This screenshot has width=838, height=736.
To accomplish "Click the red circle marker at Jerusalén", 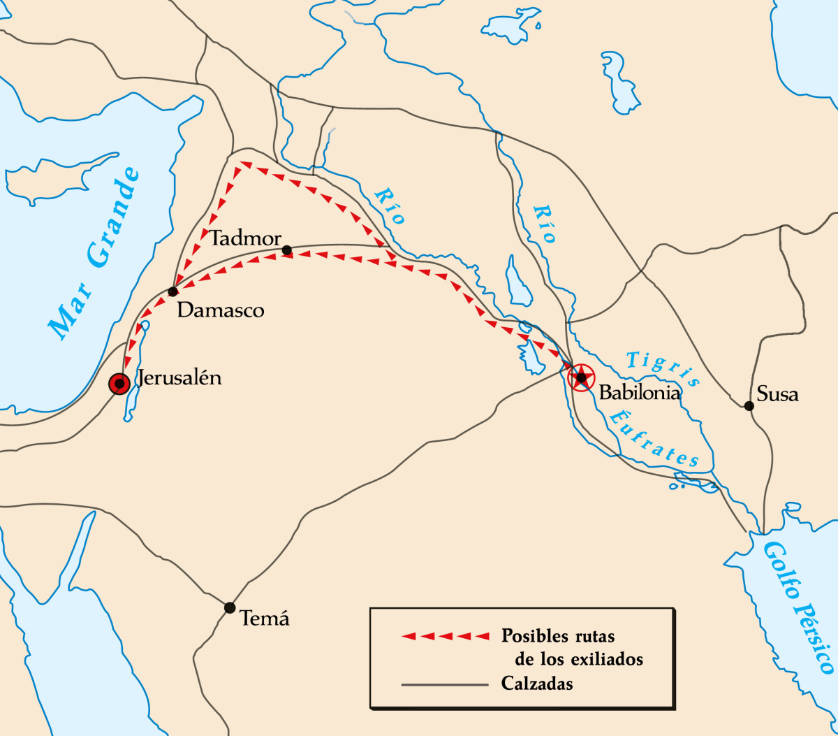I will tap(119, 383).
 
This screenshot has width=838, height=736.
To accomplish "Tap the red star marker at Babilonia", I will tap(580, 377).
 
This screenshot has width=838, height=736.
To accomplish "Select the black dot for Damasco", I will tap(172, 291).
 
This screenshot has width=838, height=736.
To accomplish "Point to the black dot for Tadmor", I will tap(286, 250).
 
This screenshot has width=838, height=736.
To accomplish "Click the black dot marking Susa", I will tap(749, 405).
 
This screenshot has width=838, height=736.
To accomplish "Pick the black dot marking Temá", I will tap(230, 607).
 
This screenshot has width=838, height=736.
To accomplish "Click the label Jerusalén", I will tap(179, 378).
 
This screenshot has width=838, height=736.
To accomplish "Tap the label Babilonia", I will tap(640, 392).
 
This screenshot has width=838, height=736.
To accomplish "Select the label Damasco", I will tap(221, 310).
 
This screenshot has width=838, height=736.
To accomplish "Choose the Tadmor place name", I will tap(245, 238).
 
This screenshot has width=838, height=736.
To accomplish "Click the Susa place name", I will tap(777, 394).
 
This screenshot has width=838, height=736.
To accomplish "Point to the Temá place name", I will tap(264, 618).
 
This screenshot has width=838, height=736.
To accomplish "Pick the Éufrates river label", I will tap(652, 439).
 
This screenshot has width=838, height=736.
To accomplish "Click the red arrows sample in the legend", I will tap(446, 636).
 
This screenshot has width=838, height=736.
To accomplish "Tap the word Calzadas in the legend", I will tap(537, 684).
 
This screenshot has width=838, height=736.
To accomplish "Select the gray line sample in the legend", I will tap(444, 684).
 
